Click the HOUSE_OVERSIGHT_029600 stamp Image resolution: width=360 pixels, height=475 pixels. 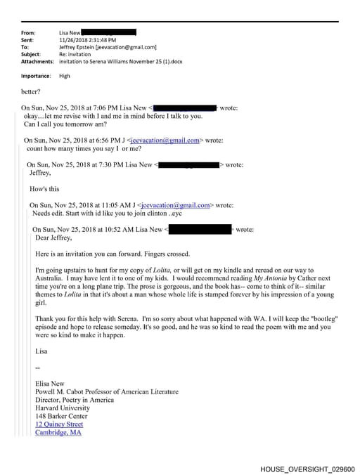[307, 469]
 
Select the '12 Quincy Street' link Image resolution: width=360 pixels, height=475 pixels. [59, 424]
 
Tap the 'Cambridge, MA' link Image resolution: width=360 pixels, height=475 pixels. [58, 433]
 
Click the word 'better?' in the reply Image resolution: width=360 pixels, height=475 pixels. [32, 91]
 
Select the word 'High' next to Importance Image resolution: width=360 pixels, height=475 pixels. [65, 76]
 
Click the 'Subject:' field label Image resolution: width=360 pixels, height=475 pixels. [31, 54]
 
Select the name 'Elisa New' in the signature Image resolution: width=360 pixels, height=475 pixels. [53, 383]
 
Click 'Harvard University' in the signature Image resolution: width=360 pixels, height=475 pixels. [67, 408]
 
